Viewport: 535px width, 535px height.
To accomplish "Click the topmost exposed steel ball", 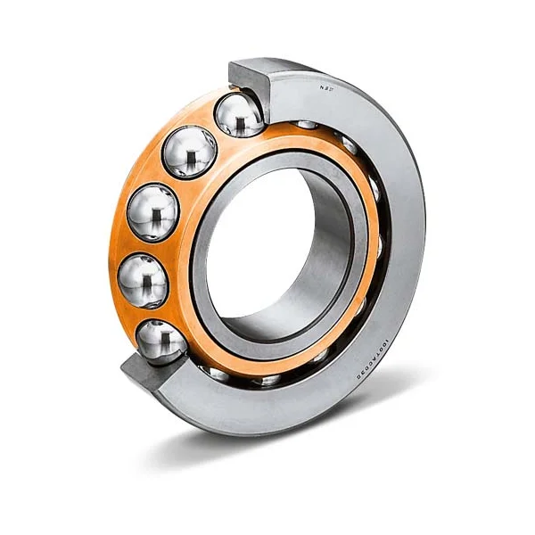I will pyautogui.click(x=239, y=115).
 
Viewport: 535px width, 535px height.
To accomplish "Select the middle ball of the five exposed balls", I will pyautogui.click(x=154, y=210).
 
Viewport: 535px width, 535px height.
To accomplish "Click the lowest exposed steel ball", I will pyautogui.click(x=160, y=342).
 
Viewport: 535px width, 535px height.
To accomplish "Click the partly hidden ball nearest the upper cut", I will pyautogui.click(x=308, y=125).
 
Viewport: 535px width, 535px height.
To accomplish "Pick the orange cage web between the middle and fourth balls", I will pyautogui.click(x=143, y=245).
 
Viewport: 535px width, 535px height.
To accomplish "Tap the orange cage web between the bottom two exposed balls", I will pyautogui.click(x=147, y=312).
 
